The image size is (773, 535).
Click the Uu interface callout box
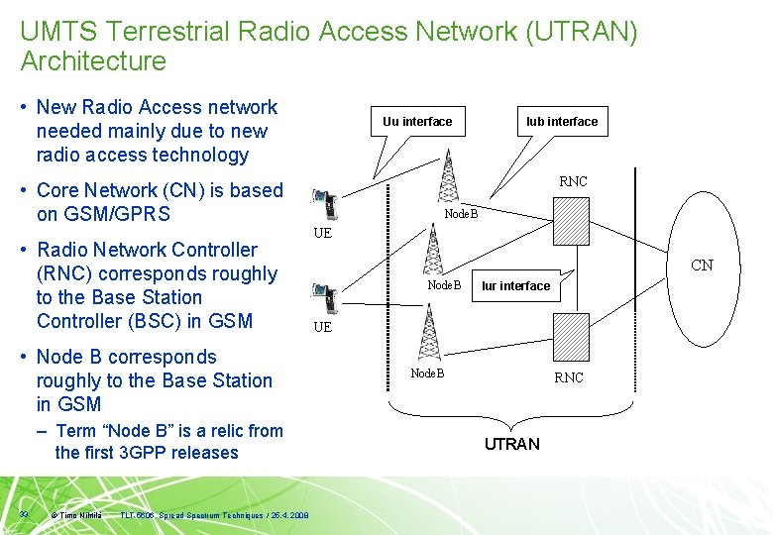pos(417,122)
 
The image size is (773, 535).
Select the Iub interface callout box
pos(562,122)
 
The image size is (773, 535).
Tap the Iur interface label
pos(515,286)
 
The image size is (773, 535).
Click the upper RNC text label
pos(573,181)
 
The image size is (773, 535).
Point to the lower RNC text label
pos(569,377)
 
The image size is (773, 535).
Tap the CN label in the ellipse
pos(702,266)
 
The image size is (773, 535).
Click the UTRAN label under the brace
pos(512,444)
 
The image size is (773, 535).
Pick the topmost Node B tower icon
pos(448,178)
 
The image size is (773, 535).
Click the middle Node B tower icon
pos(432,250)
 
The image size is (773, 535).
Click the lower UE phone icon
pos(324,296)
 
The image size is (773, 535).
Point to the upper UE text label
pos(322,234)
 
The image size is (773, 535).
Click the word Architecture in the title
pos(93,61)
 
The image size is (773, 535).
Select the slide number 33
pos(24,513)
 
